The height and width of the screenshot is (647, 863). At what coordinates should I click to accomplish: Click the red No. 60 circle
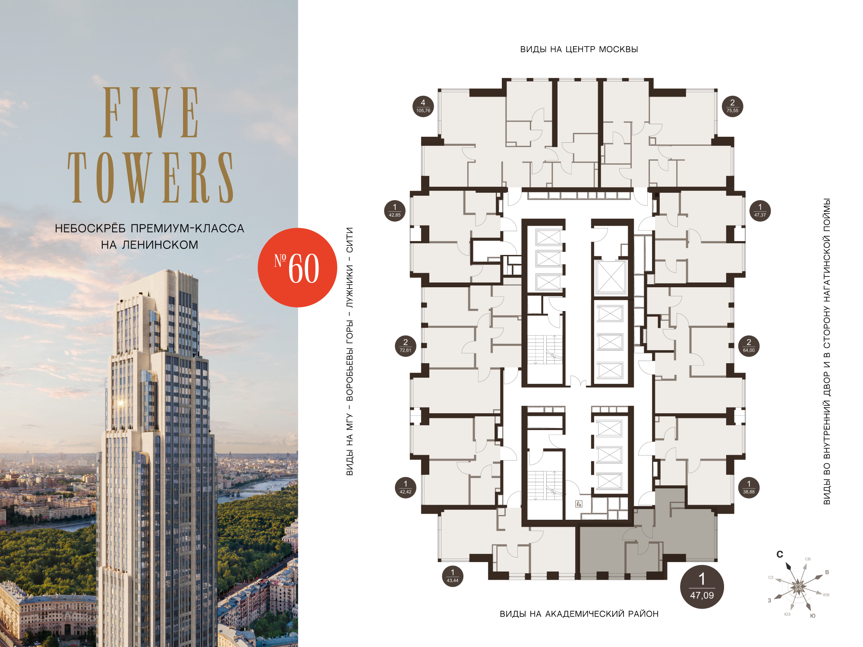297,267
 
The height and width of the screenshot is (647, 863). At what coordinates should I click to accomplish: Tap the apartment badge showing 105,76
423,106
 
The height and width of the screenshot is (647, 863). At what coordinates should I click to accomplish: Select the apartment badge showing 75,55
732,106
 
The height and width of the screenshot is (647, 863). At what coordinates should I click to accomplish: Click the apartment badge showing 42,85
394,210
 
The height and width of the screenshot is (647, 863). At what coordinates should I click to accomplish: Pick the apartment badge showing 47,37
760,210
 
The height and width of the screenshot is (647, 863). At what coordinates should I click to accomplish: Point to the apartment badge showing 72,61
405,345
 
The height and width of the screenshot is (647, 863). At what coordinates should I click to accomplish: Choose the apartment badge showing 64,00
749,345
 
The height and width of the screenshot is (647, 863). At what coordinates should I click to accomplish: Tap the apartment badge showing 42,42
405,487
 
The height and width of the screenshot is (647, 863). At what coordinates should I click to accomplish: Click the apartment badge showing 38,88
749,487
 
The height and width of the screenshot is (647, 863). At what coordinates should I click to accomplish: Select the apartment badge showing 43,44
452,576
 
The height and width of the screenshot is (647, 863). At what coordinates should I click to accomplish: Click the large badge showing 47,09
702,587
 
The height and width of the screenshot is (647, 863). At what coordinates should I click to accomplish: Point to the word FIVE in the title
151,112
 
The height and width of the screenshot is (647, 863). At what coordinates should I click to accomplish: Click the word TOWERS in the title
151,177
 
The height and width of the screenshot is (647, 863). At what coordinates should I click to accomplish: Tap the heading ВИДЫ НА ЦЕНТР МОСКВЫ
579,50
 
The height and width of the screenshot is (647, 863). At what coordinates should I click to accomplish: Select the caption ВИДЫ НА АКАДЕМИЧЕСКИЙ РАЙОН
579,614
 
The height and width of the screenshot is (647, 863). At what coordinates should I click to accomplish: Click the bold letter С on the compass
780,554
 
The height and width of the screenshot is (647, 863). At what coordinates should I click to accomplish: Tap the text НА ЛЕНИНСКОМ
150,245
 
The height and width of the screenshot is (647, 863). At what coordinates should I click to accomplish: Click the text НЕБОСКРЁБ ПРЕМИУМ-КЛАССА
150,228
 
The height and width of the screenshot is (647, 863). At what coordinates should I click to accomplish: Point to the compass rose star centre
798,587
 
